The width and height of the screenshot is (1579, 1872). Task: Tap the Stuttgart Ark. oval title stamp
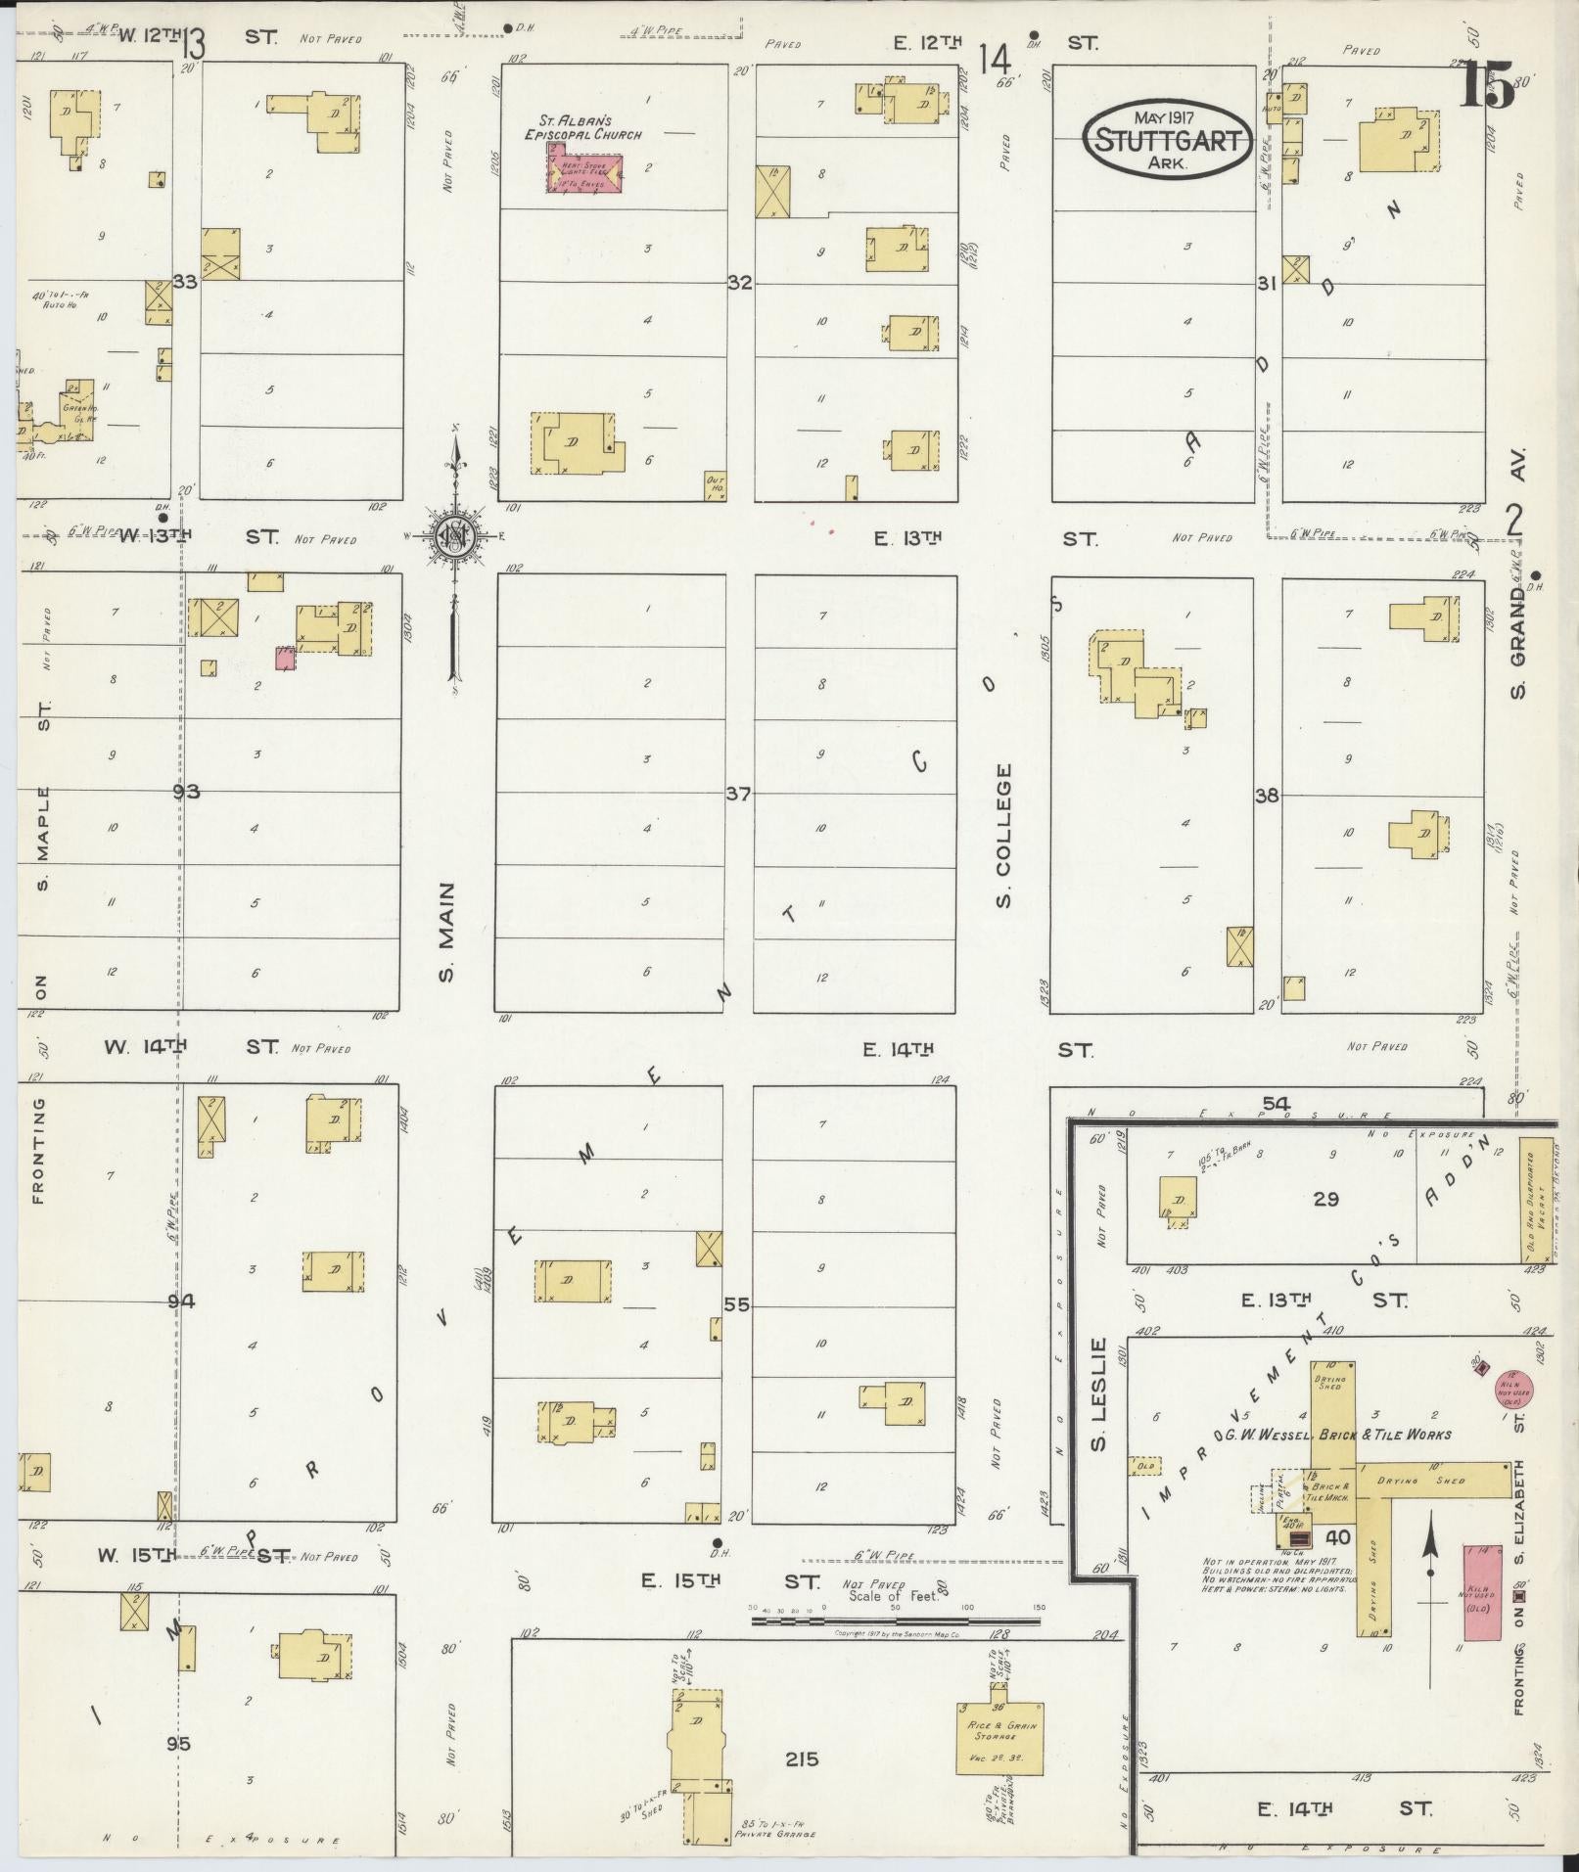[x=1166, y=139]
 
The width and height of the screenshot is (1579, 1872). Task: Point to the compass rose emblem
[x=454, y=536]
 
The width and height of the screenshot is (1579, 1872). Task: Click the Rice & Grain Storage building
[x=998, y=1737]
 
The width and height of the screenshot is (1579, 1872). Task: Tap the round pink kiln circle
[x=1513, y=1390]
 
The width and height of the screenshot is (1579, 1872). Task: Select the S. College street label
[x=1003, y=835]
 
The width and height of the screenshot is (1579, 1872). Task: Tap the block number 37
[x=738, y=794]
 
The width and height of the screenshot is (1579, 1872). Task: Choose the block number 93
[x=186, y=791]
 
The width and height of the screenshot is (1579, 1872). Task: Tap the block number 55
[x=736, y=1304]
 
